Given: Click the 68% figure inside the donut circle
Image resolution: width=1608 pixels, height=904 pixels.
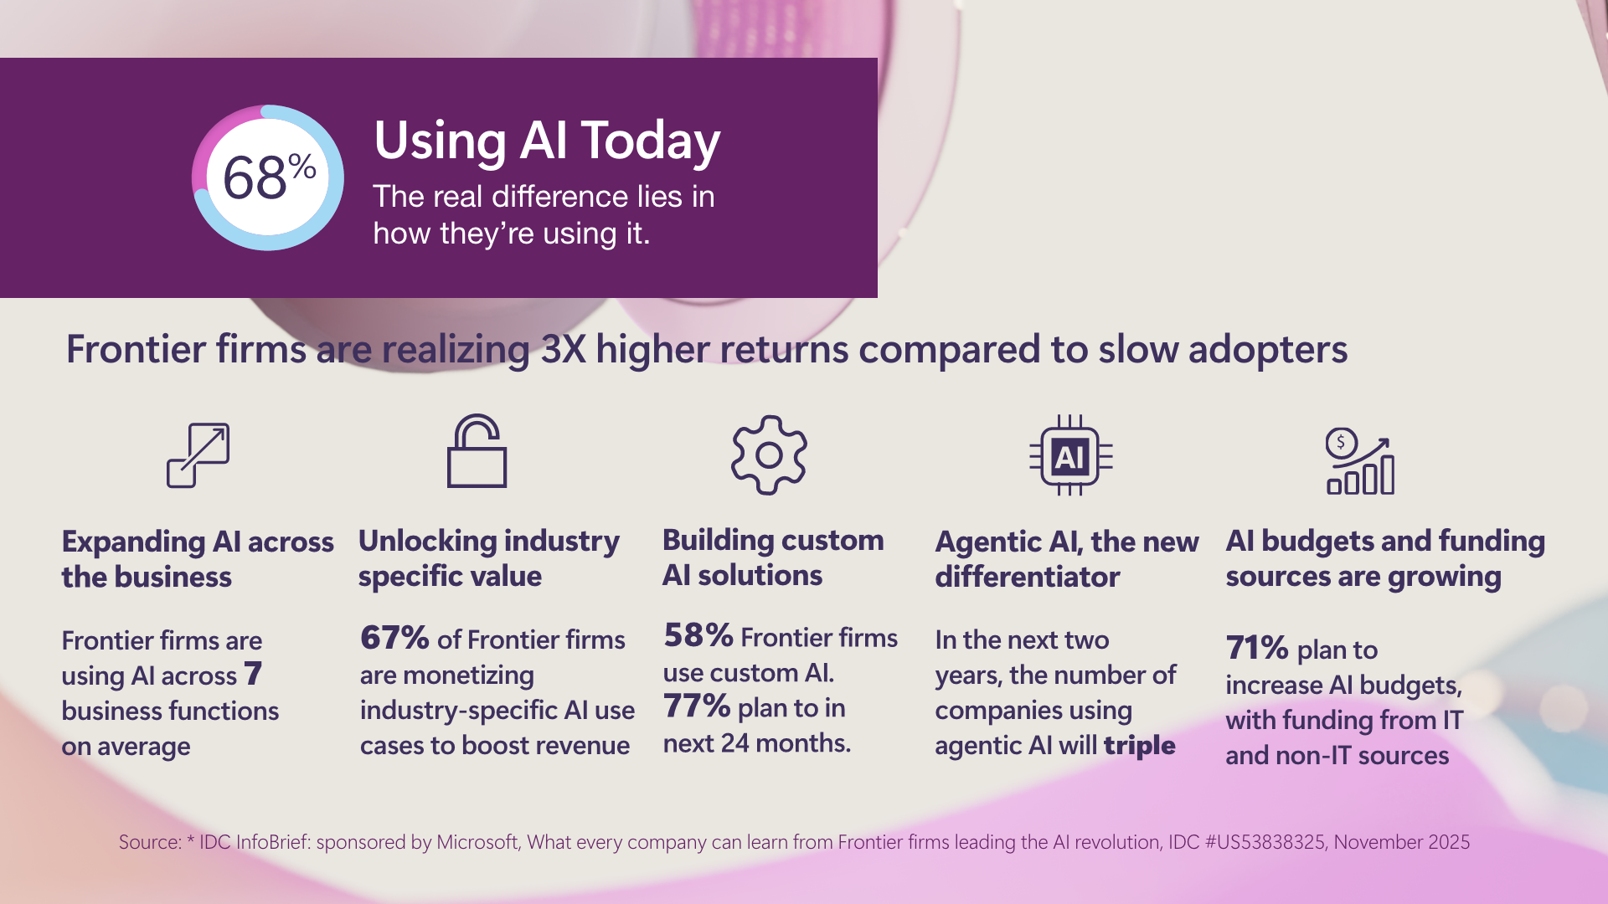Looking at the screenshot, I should point(268,177).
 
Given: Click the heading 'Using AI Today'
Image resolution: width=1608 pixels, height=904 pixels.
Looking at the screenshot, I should point(546,141).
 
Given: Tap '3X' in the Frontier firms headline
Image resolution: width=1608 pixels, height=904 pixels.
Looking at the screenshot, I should point(563,350).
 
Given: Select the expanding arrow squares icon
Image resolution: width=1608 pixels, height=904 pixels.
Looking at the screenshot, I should point(198,455).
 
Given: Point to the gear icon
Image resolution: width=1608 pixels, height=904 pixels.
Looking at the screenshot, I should point(769,455).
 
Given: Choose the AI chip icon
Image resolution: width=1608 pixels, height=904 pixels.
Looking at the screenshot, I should point(1070,456).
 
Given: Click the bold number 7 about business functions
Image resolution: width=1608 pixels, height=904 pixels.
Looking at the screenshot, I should point(253,674).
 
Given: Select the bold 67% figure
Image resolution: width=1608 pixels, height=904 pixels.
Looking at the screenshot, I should point(394,638).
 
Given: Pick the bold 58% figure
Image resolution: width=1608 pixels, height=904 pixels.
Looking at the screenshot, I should point(698,635).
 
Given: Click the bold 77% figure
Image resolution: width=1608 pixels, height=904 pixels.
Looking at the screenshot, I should point(697,706).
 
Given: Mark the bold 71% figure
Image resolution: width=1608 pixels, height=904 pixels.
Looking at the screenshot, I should point(1257,648).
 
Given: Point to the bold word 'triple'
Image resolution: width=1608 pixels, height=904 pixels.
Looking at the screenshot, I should point(1139,745).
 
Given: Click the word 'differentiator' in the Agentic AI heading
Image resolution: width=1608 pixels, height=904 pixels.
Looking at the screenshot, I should point(1027,578).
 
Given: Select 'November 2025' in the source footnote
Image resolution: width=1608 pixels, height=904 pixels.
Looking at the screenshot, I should point(1401,842).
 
